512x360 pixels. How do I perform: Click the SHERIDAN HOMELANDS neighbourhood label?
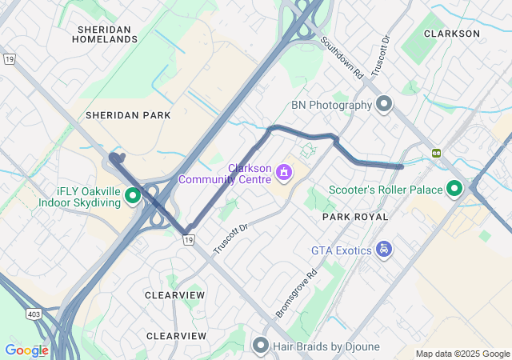tap(105, 34)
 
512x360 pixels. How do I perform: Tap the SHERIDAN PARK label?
tap(128, 115)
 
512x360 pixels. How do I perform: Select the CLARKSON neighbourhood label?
tap(452, 34)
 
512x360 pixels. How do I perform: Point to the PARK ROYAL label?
tap(355, 217)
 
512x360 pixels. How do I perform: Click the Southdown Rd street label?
tap(342, 57)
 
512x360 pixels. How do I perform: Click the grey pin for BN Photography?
tap(384, 105)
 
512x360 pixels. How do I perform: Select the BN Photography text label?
tap(331, 105)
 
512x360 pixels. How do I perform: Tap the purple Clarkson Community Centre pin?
tap(283, 173)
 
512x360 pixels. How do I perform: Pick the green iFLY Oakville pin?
tap(133, 194)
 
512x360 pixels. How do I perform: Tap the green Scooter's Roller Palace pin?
tap(454, 190)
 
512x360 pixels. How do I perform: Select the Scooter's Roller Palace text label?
tap(386, 190)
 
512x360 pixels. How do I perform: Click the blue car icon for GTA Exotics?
tap(385, 250)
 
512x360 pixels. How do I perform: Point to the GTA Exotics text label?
tap(342, 250)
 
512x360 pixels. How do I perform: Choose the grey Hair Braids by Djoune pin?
tap(260, 346)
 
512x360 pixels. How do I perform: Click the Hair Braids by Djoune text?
tap(326, 346)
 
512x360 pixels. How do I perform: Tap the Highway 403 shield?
tap(34, 314)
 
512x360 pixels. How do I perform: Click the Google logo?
tap(26, 350)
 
